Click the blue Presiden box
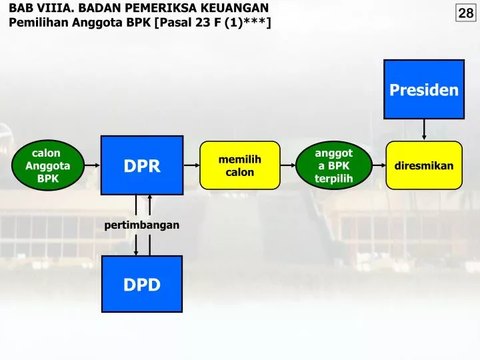[x=424, y=89]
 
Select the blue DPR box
[x=142, y=165]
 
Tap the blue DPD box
[x=142, y=285]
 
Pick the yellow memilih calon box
[x=240, y=165]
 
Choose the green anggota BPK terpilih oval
[x=333, y=165]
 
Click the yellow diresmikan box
[x=424, y=165]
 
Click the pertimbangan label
[x=141, y=225]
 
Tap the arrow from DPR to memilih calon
[x=192, y=165]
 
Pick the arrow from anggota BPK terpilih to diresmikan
[x=378, y=165]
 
